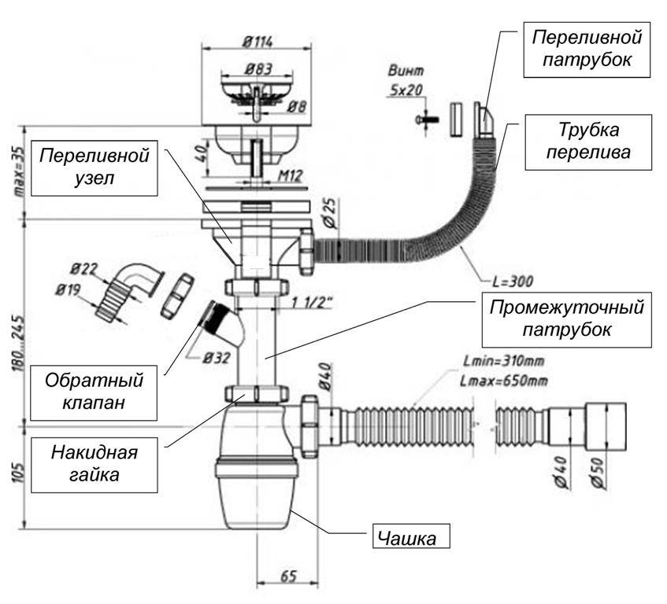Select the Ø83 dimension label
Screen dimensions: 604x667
click(x=257, y=68)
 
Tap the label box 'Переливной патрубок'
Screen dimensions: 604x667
click(x=587, y=49)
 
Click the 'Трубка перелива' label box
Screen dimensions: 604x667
click(x=589, y=141)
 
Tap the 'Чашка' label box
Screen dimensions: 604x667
click(x=413, y=538)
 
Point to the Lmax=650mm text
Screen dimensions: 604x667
click(x=502, y=382)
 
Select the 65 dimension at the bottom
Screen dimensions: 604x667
click(x=287, y=576)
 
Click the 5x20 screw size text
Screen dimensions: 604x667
click(x=406, y=90)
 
